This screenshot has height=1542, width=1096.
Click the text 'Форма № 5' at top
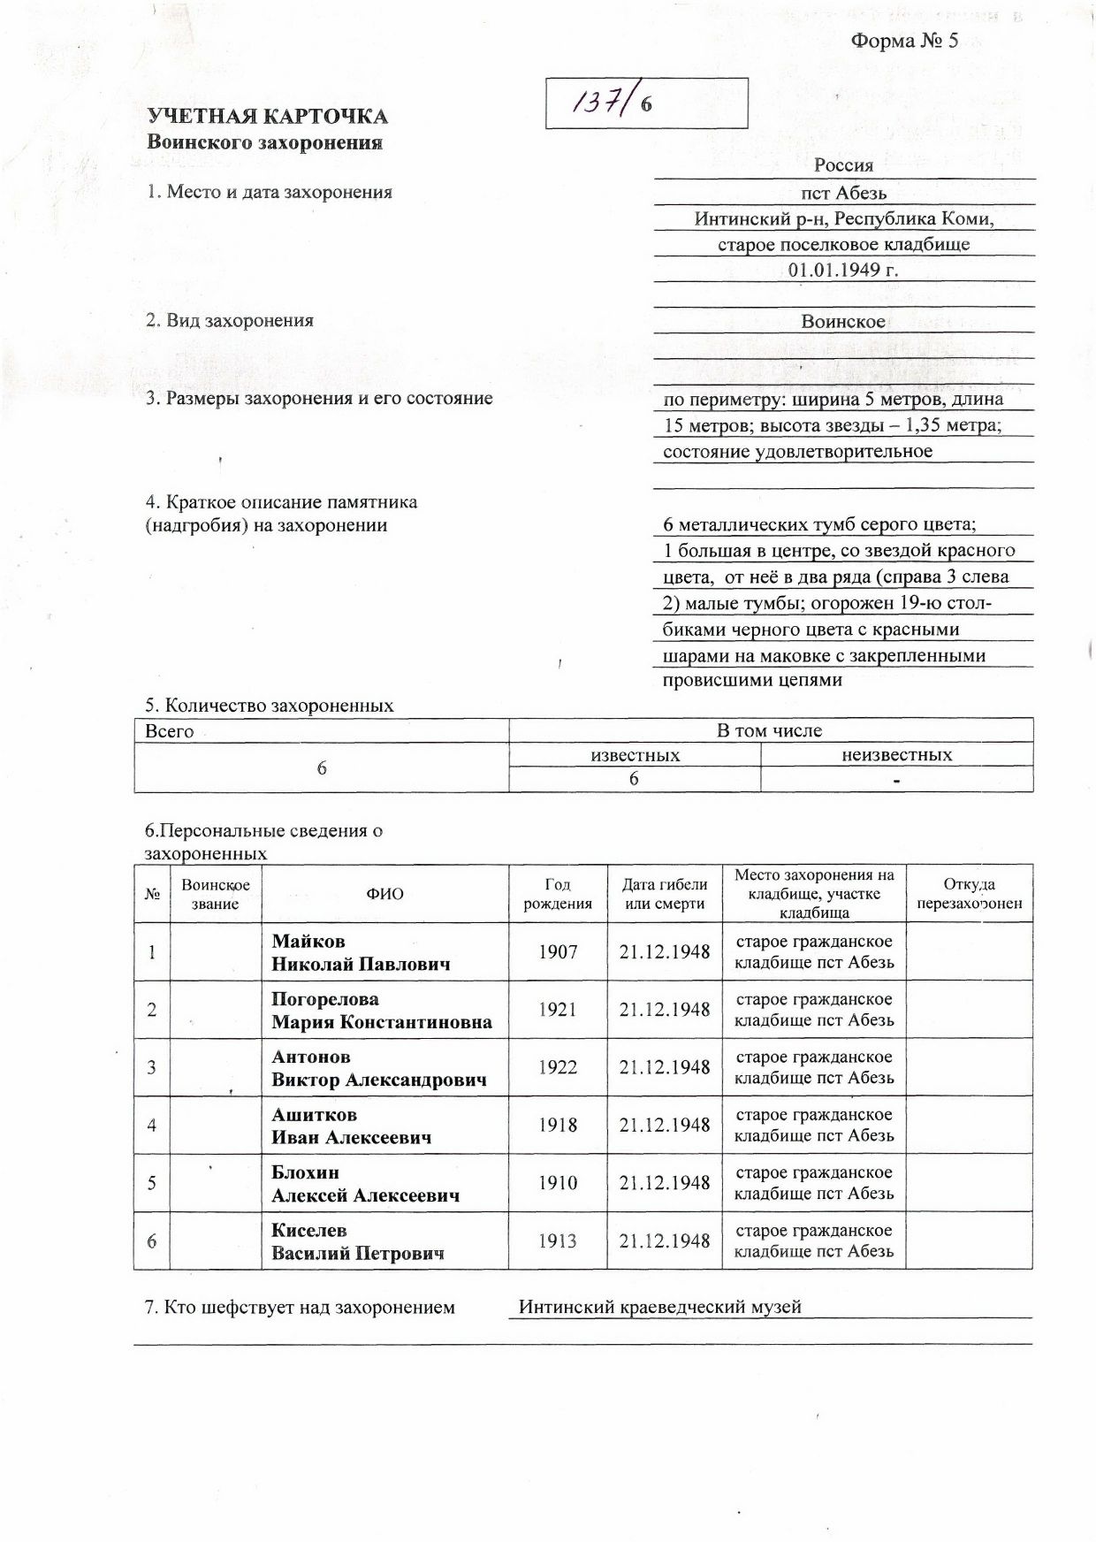[x=904, y=41]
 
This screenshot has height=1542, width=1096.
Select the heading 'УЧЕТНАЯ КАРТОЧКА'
[x=267, y=117]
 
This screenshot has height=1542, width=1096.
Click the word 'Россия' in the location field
[x=843, y=165]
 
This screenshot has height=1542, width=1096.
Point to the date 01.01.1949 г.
[x=843, y=270]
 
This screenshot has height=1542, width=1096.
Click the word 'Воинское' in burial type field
[x=843, y=322]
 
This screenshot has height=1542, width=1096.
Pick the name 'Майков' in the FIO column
[x=308, y=941]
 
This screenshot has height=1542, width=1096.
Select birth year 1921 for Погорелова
[x=558, y=1009]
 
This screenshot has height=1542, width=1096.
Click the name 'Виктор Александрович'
[x=378, y=1080]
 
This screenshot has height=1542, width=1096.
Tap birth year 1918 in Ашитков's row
[x=558, y=1125]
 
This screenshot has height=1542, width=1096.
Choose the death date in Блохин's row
[x=665, y=1183]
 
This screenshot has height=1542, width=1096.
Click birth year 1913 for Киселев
[x=558, y=1240]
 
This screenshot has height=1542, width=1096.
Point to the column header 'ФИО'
[x=384, y=894]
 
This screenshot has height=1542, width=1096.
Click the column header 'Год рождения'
[x=558, y=894]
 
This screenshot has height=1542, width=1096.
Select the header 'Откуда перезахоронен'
[x=969, y=894]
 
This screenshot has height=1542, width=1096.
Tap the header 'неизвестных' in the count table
[x=896, y=755]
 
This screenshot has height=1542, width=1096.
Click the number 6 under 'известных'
[x=634, y=779]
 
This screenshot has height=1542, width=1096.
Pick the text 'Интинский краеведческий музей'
[x=659, y=1307]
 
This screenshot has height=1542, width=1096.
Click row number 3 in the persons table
[x=152, y=1067]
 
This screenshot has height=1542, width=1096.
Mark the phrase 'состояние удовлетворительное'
[x=797, y=452]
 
